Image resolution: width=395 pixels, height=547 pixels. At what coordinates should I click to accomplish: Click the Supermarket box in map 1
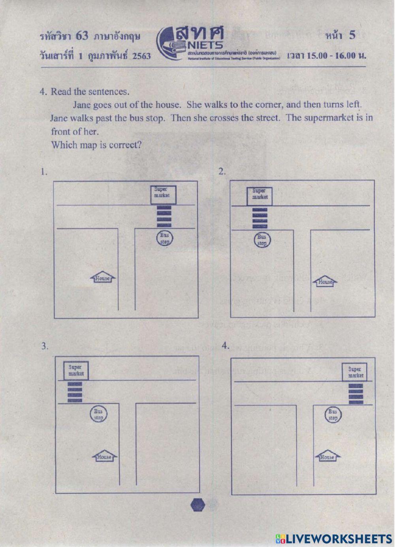click(x=163, y=195)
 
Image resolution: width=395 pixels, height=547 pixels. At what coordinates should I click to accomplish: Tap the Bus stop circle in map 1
click(x=164, y=238)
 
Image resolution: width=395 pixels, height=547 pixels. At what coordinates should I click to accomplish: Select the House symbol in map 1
click(x=103, y=278)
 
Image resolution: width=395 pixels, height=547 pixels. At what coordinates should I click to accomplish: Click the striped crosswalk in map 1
click(x=164, y=216)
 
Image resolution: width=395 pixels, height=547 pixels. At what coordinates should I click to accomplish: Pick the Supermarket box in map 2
click(x=260, y=196)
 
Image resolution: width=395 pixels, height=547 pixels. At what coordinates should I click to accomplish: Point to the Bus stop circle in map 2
click(x=262, y=240)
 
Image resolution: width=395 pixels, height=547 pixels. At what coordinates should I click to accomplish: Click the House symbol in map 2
click(x=325, y=281)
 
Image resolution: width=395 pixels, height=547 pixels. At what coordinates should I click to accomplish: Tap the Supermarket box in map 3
click(x=76, y=370)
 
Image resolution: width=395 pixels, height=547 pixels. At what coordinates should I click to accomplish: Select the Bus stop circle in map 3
click(x=98, y=414)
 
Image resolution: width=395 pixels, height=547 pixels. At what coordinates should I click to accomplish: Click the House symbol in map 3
click(x=104, y=456)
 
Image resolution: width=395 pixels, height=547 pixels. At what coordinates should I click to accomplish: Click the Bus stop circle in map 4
click(x=333, y=415)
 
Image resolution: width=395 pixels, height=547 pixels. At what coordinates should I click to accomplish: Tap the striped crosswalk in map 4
click(x=355, y=394)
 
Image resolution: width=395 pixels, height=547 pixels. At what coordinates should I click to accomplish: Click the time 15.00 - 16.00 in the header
click(x=327, y=55)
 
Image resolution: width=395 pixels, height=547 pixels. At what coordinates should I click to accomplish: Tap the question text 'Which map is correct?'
click(x=96, y=145)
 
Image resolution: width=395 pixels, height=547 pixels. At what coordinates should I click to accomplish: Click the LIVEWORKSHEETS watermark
click(x=334, y=538)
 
